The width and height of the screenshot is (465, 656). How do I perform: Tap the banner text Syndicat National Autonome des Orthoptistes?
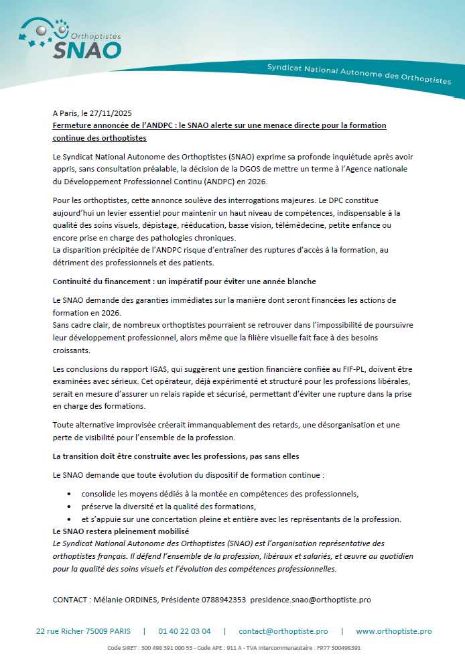(x=358, y=74)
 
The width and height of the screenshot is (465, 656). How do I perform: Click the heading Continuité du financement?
(x=105, y=281)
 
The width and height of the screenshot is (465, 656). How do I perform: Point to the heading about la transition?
(x=176, y=456)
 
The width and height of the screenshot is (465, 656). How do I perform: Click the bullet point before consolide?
(x=70, y=494)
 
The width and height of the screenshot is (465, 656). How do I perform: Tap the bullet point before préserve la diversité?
(x=70, y=507)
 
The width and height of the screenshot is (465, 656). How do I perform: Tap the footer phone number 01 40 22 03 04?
(x=184, y=631)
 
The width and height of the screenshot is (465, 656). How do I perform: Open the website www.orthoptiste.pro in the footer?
(x=393, y=631)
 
